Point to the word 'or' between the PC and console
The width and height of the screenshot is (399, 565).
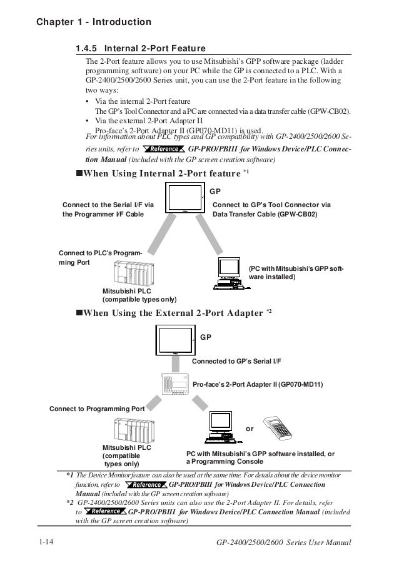pyautogui.click(x=250, y=429)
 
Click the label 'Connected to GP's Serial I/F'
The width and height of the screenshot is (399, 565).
pyautogui.click(x=236, y=362)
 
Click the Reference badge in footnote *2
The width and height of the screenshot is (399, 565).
pyautogui.click(x=103, y=511)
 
